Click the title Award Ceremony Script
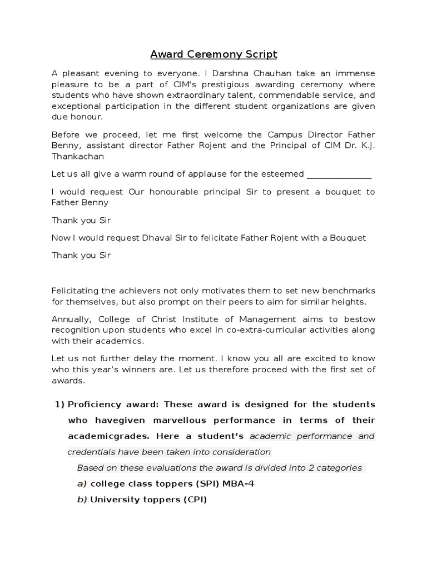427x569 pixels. click(x=213, y=54)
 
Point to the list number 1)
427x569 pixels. click(x=59, y=404)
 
